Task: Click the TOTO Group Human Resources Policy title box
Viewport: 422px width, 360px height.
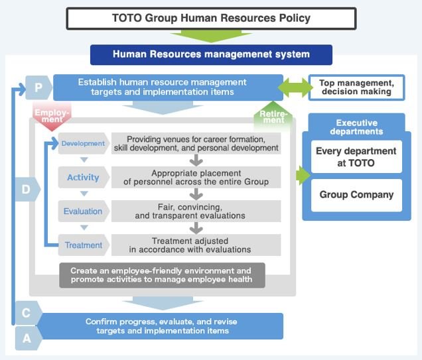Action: [x=211, y=18]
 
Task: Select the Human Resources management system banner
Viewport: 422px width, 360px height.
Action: [x=211, y=54]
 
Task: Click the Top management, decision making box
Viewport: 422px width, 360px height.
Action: [x=356, y=88]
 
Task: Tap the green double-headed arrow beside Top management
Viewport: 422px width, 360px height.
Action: [x=293, y=88]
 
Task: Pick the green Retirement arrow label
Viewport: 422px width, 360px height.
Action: [x=273, y=117]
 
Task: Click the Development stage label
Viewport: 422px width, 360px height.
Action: [x=83, y=143]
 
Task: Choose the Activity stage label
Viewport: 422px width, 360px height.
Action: [x=83, y=177]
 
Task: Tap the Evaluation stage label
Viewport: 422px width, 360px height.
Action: [x=83, y=211]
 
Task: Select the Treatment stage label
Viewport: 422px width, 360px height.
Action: [x=83, y=245]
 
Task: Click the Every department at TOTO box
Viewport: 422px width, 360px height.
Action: [x=356, y=157]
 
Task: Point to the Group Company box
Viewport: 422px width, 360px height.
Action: [x=356, y=195]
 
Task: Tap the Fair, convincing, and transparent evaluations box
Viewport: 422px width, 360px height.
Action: [x=196, y=211]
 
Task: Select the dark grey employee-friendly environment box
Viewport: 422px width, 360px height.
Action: [x=161, y=275]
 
